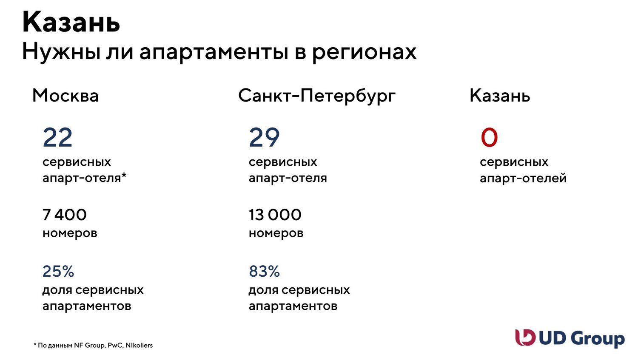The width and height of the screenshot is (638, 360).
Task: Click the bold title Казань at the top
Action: point(71,22)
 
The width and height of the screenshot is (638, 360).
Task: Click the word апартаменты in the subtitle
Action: point(214,52)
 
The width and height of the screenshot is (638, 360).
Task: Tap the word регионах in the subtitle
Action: point(364,53)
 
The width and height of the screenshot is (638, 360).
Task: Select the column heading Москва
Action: point(66,96)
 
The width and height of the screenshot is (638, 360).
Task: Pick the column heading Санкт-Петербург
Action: point(317,96)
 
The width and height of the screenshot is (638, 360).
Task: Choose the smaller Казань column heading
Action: point(500,96)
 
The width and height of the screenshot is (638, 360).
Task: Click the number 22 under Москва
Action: point(57,137)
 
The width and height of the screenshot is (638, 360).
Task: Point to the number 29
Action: point(264,137)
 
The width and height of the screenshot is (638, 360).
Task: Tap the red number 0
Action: point(489,137)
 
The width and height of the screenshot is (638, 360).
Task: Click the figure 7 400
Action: point(64,215)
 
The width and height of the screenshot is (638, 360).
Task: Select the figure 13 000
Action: point(275,215)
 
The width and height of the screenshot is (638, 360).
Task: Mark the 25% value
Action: point(58,271)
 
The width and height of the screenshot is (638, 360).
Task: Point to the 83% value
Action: point(264,271)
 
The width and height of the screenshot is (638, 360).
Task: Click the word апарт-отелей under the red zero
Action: point(523,179)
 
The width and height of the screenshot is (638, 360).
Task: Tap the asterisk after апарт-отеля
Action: point(124,175)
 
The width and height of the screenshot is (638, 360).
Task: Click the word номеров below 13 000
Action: point(276,234)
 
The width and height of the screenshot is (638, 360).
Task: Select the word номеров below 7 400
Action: point(70,234)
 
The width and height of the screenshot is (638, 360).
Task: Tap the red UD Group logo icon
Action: point(525,337)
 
